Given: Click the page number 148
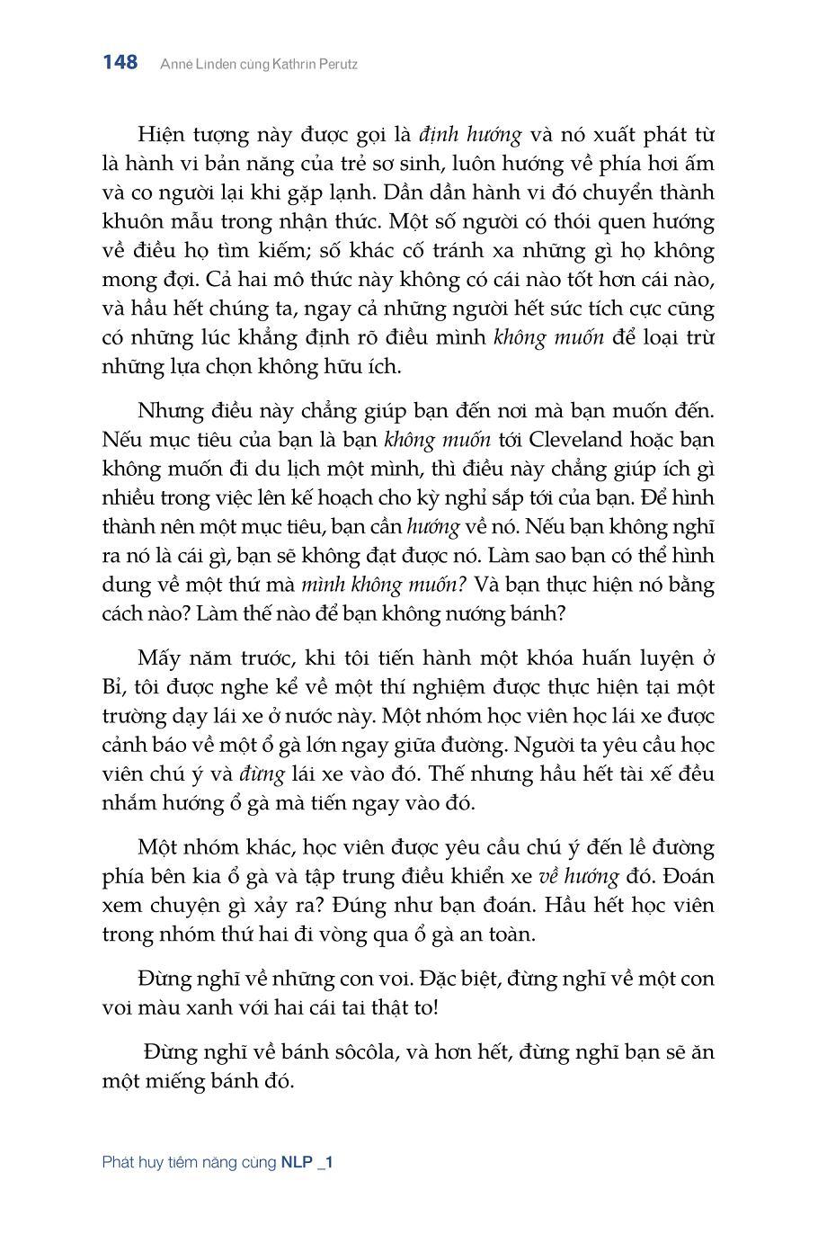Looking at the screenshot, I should pyautogui.click(x=120, y=62).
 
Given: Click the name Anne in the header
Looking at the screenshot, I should pyautogui.click(x=174, y=64).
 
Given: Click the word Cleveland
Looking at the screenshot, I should pyautogui.click(x=578, y=440).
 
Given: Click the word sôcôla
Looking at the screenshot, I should pyautogui.click(x=360, y=1051).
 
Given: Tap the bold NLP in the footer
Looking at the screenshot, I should pyautogui.click(x=297, y=1162).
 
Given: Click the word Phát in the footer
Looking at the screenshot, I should pyautogui.click(x=119, y=1162).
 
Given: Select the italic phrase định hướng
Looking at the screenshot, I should pyautogui.click(x=470, y=135).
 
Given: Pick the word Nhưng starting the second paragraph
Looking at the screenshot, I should pyautogui.click(x=168, y=411).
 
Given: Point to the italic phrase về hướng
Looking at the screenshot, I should pyautogui.click(x=579, y=876).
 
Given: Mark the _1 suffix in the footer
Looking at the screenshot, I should pyautogui.click(x=325, y=1162).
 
